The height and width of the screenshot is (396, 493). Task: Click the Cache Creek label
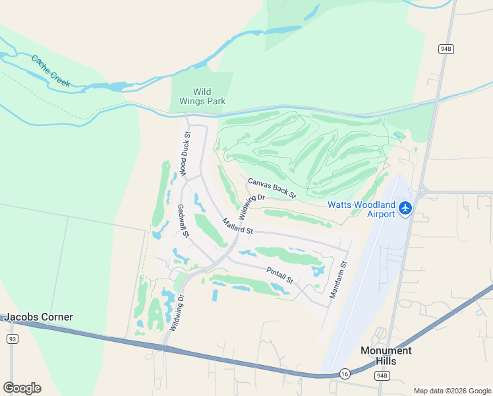(50, 70)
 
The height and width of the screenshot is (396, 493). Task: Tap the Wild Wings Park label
(202, 96)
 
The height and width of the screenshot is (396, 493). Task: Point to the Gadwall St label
(183, 220)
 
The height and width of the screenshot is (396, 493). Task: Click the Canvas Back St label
(272, 187)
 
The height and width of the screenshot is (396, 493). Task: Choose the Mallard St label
(237, 226)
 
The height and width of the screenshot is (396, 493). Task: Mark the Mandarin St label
(338, 280)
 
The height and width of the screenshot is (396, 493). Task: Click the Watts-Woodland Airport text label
(362, 209)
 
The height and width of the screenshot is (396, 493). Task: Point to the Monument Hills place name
(386, 356)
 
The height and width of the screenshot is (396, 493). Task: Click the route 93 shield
(12, 339)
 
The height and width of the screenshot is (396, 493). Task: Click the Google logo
(22, 387)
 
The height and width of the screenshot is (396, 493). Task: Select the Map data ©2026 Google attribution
(452, 390)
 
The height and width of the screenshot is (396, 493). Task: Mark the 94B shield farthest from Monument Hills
(446, 49)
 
